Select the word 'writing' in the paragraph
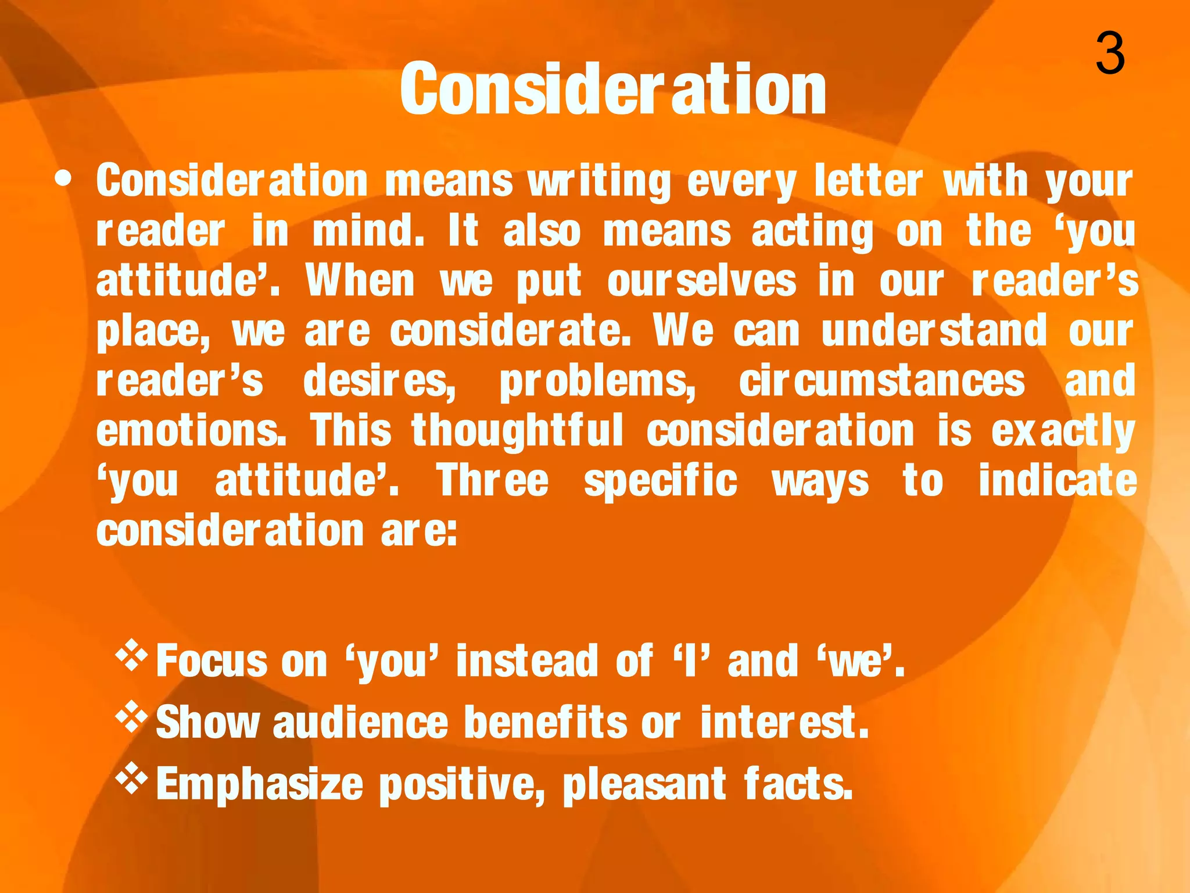tap(599, 181)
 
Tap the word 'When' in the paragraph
tap(360, 281)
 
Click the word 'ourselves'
tap(701, 281)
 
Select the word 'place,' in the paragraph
tap(153, 331)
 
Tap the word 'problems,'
tap(597, 382)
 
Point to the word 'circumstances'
tap(881, 381)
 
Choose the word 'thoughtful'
tap(517, 431)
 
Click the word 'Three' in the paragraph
tap(493, 481)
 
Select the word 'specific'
tap(661, 481)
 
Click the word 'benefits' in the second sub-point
tap(546, 722)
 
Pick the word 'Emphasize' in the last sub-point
tap(260, 784)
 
